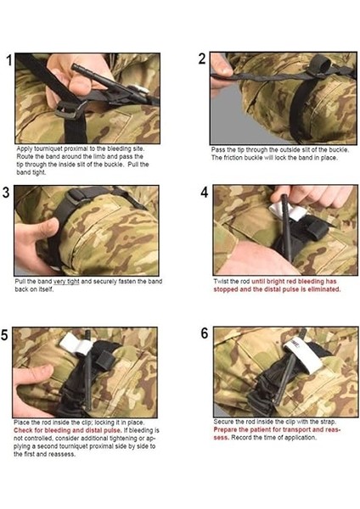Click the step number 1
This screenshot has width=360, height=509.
point(9,60)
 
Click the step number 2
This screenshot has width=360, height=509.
point(202,59)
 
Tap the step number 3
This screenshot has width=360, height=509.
point(6,193)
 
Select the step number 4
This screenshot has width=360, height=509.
point(204,193)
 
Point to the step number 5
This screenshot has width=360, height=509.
point(4,335)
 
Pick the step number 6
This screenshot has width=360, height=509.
point(205,333)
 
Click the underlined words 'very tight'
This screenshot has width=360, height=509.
point(66,282)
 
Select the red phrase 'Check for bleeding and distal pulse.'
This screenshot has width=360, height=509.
point(68,430)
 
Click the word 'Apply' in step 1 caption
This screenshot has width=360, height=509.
point(24,149)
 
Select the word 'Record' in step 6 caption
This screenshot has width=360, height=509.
point(241,438)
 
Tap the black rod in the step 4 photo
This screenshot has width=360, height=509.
point(286,223)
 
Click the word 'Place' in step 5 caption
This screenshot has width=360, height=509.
point(21,422)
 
